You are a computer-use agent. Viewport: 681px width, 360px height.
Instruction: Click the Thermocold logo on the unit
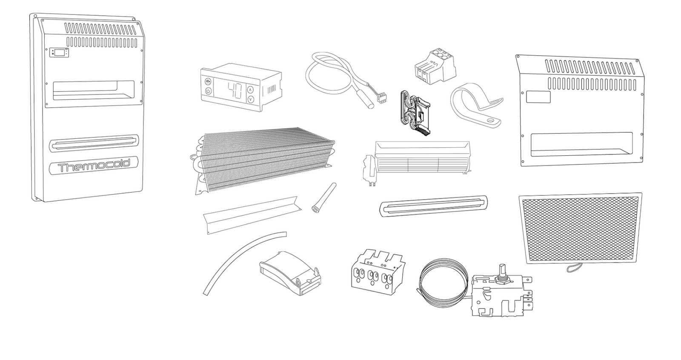[94, 166]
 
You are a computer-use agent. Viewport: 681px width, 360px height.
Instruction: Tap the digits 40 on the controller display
[235, 90]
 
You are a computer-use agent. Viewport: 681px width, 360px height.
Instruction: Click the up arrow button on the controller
[251, 90]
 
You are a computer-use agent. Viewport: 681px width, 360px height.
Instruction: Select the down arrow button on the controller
[251, 100]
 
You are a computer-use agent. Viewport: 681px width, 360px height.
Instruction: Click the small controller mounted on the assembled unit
[59, 53]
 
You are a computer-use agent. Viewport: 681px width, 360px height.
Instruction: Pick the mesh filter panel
[581, 229]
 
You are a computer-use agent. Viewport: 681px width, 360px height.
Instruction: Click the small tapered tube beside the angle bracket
[323, 197]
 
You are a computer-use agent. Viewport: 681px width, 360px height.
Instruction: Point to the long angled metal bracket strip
[252, 215]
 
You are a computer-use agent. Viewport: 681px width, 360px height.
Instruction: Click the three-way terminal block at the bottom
[378, 272]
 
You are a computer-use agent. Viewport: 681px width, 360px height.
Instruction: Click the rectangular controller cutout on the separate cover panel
[538, 97]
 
